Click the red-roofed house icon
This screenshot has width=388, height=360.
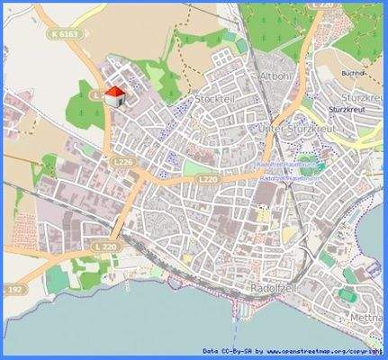pyautogui.click(x=113, y=95)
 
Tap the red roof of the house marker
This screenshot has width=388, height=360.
pyautogui.click(x=113, y=91)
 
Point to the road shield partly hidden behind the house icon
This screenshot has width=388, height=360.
pyautogui.click(x=99, y=94)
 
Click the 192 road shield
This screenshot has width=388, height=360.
pyautogui.click(x=14, y=291)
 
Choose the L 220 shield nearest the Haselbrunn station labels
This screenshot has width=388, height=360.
pyautogui.click(x=208, y=180)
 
